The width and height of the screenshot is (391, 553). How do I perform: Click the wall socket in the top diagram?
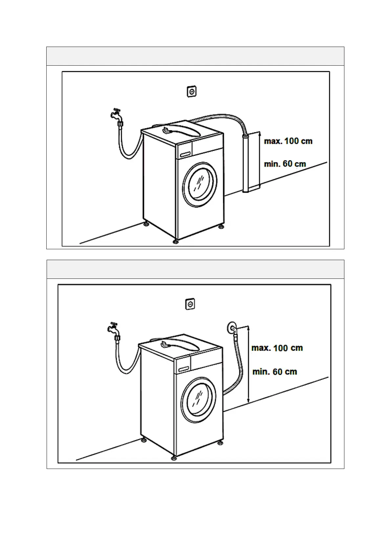pos(191,92)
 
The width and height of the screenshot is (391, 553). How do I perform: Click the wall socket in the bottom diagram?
pos(190,304)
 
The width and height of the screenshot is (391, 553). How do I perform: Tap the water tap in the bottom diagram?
pos(113,328)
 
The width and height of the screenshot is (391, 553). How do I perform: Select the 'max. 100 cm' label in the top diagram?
pos(288,142)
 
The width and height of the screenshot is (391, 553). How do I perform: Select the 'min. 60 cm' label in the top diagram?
pos(285,164)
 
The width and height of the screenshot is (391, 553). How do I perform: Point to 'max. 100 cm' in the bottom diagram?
pos(277,348)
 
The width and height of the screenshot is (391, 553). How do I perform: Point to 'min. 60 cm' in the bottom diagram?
pos(275,372)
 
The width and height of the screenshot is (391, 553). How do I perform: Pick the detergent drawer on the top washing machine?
pos(185,154)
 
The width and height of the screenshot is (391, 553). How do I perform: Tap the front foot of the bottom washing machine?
pos(174,457)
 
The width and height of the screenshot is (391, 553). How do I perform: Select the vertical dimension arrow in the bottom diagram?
pos(249,365)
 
